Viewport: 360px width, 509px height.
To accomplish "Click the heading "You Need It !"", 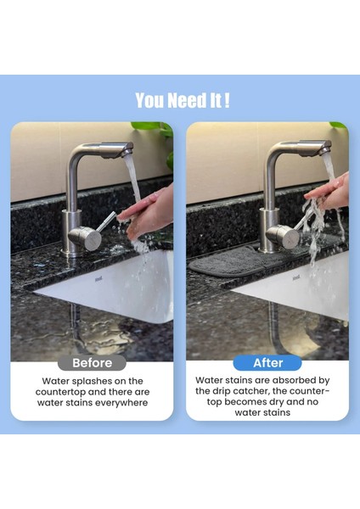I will [x=182, y=100].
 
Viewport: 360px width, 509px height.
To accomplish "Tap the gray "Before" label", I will [x=92, y=362].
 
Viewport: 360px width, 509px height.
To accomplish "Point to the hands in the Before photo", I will [x=149, y=213].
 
